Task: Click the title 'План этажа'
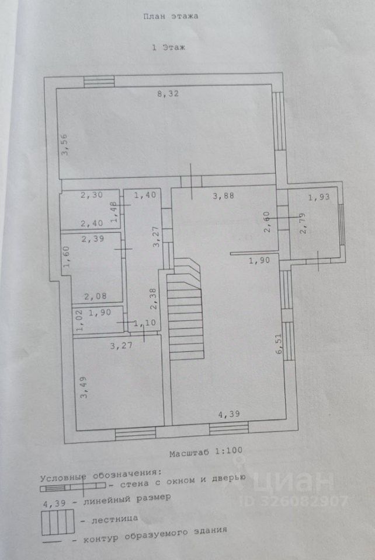click(x=171, y=16)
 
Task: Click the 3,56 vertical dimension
click(x=67, y=144)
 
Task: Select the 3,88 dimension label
click(x=223, y=196)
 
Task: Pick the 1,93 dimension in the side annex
click(x=319, y=197)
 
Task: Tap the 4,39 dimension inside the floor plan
click(x=228, y=415)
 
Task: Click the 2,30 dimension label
click(x=91, y=196)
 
